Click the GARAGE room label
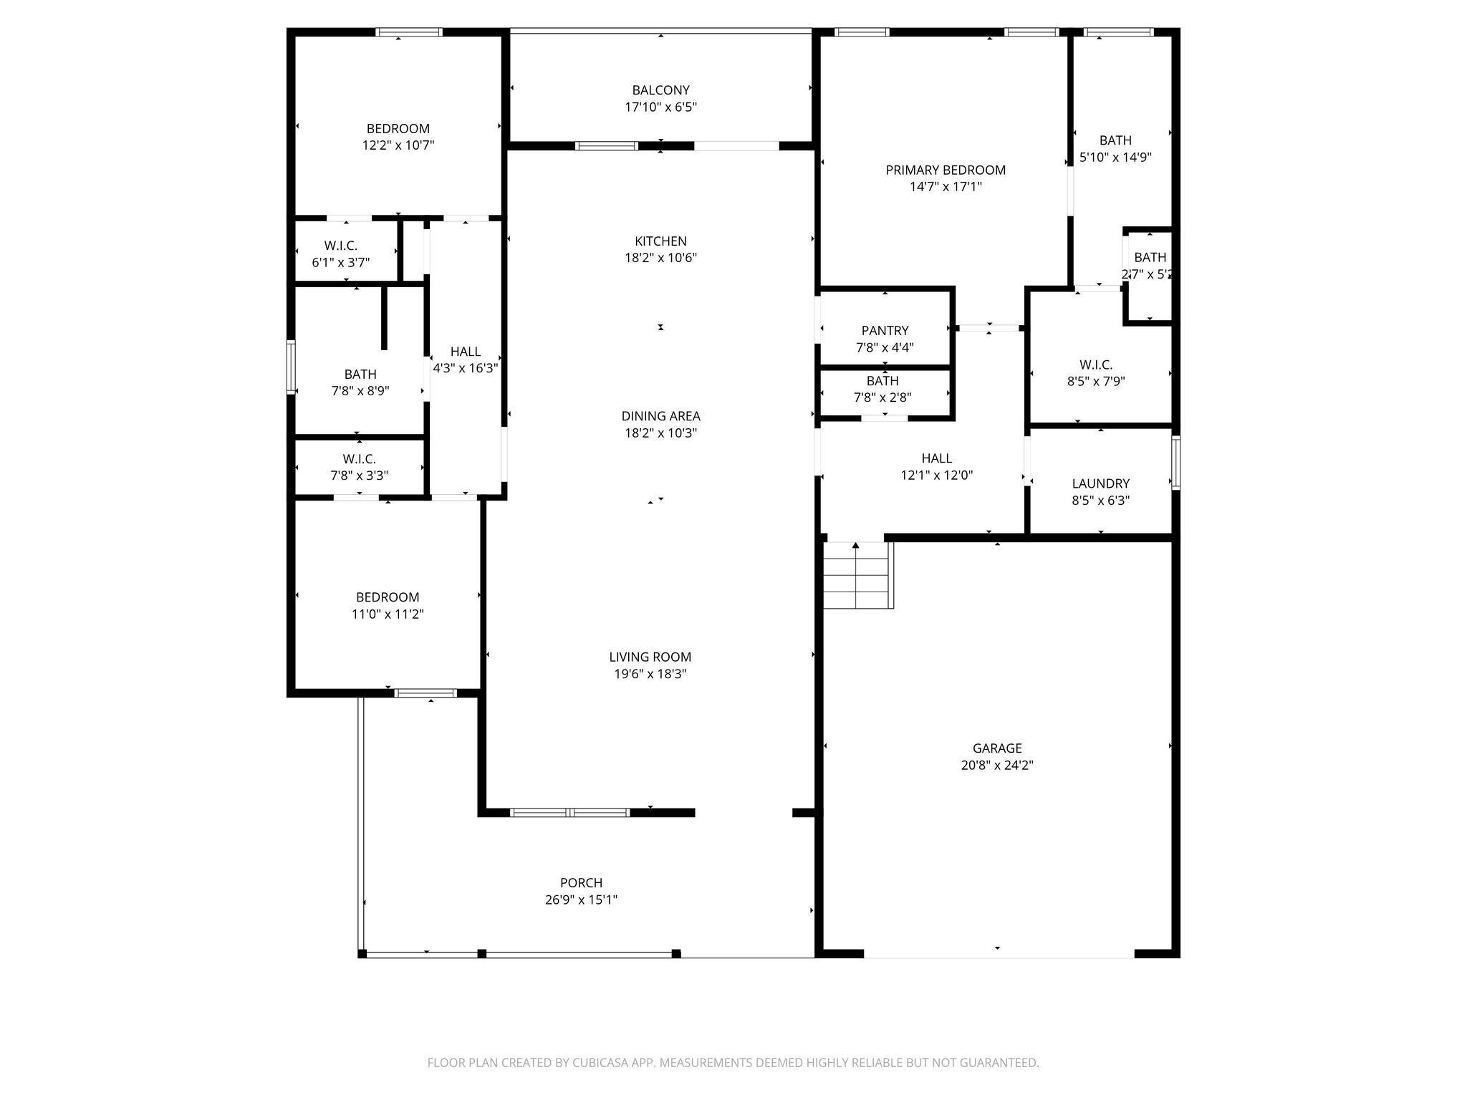996,748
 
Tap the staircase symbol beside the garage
857,575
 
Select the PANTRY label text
885,330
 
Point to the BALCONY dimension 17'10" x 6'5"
660,107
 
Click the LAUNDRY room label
1100,483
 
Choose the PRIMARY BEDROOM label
946,170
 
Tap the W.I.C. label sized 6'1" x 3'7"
340,246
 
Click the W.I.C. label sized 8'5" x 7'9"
1096,365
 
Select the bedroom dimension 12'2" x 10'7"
398,145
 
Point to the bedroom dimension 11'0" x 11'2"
388,614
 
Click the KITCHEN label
660,241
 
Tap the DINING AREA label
660,415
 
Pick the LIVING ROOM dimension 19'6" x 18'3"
650,674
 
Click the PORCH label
581,882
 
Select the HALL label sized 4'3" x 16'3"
466,352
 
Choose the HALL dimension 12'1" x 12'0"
936,475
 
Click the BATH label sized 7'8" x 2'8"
882,381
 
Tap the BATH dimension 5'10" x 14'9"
1115,158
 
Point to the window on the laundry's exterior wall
1175,463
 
